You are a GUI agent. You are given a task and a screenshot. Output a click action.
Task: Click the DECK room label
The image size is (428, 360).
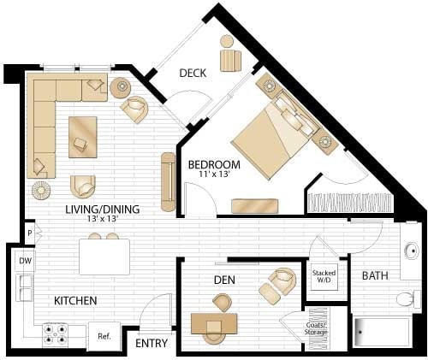click(x=194, y=73)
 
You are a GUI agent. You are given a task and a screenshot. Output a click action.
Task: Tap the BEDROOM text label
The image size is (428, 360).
click(x=214, y=164)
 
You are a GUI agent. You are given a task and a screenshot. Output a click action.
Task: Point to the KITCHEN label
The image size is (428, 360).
click(x=75, y=301)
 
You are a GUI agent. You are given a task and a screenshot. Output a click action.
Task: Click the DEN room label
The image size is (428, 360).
click(x=224, y=280)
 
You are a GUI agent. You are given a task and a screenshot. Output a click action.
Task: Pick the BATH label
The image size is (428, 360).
click(x=375, y=276)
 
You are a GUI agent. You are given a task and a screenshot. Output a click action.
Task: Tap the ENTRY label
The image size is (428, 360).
click(x=151, y=343)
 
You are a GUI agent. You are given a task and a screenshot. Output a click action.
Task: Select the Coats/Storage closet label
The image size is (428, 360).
click(x=318, y=328)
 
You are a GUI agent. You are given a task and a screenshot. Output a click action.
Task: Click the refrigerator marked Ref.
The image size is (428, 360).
click(x=104, y=336)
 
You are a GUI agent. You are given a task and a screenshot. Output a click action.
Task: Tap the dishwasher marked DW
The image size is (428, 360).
click(x=25, y=261)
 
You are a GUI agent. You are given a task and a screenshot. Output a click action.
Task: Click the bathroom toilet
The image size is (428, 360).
click(x=409, y=299)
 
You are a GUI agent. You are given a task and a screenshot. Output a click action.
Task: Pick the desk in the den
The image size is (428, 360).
click(x=214, y=323)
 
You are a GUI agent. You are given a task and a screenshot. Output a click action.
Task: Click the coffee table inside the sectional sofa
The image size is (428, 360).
click(x=83, y=134)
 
